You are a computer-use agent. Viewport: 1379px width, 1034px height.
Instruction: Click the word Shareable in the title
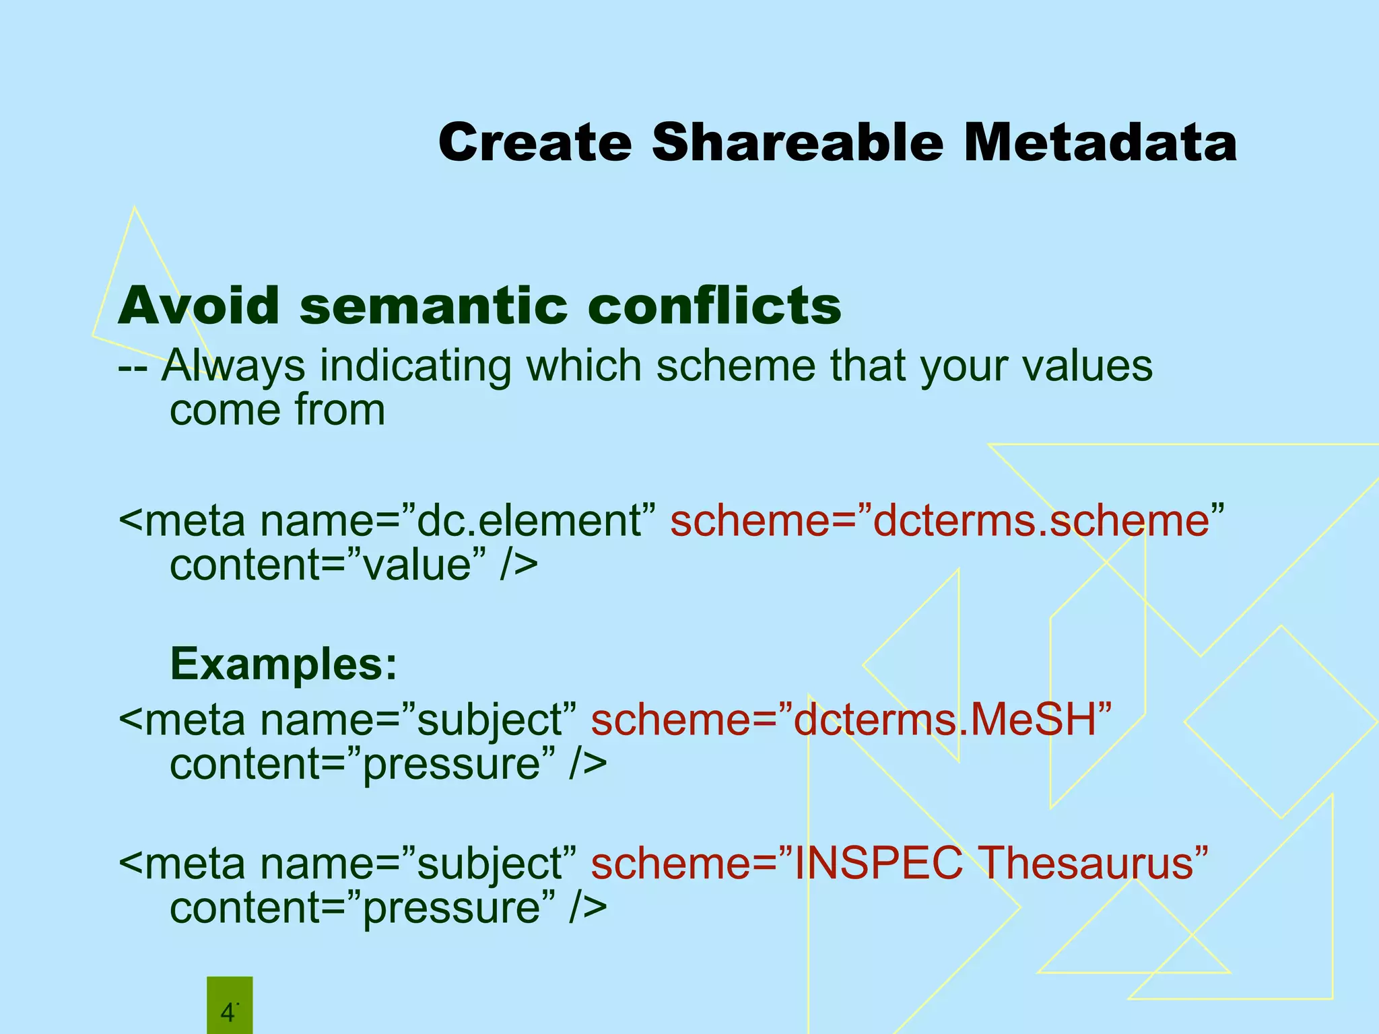pos(797,143)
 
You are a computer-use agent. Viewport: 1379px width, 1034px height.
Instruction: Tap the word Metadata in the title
pos(1100,143)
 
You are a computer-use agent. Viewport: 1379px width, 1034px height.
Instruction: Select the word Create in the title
pos(535,143)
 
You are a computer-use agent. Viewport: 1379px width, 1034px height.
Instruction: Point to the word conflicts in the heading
pos(714,306)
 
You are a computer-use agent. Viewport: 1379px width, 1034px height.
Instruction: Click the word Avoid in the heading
pos(199,306)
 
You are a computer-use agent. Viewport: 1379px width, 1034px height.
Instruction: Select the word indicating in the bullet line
pos(414,367)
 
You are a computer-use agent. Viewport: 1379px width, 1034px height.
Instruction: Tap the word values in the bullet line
pos(1087,367)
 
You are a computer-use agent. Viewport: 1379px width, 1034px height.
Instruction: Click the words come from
pos(277,410)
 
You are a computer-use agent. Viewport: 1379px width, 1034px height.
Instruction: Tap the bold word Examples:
pos(283,664)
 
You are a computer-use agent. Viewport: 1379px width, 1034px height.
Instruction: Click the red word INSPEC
pos(878,863)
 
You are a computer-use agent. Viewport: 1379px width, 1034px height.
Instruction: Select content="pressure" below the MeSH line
pos(388,764)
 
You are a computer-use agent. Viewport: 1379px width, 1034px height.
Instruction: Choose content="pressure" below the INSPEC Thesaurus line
pos(388,908)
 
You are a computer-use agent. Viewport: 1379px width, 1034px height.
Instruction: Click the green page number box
pos(229,1006)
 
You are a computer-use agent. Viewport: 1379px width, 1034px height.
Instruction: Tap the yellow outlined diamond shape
pos(1280,722)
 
